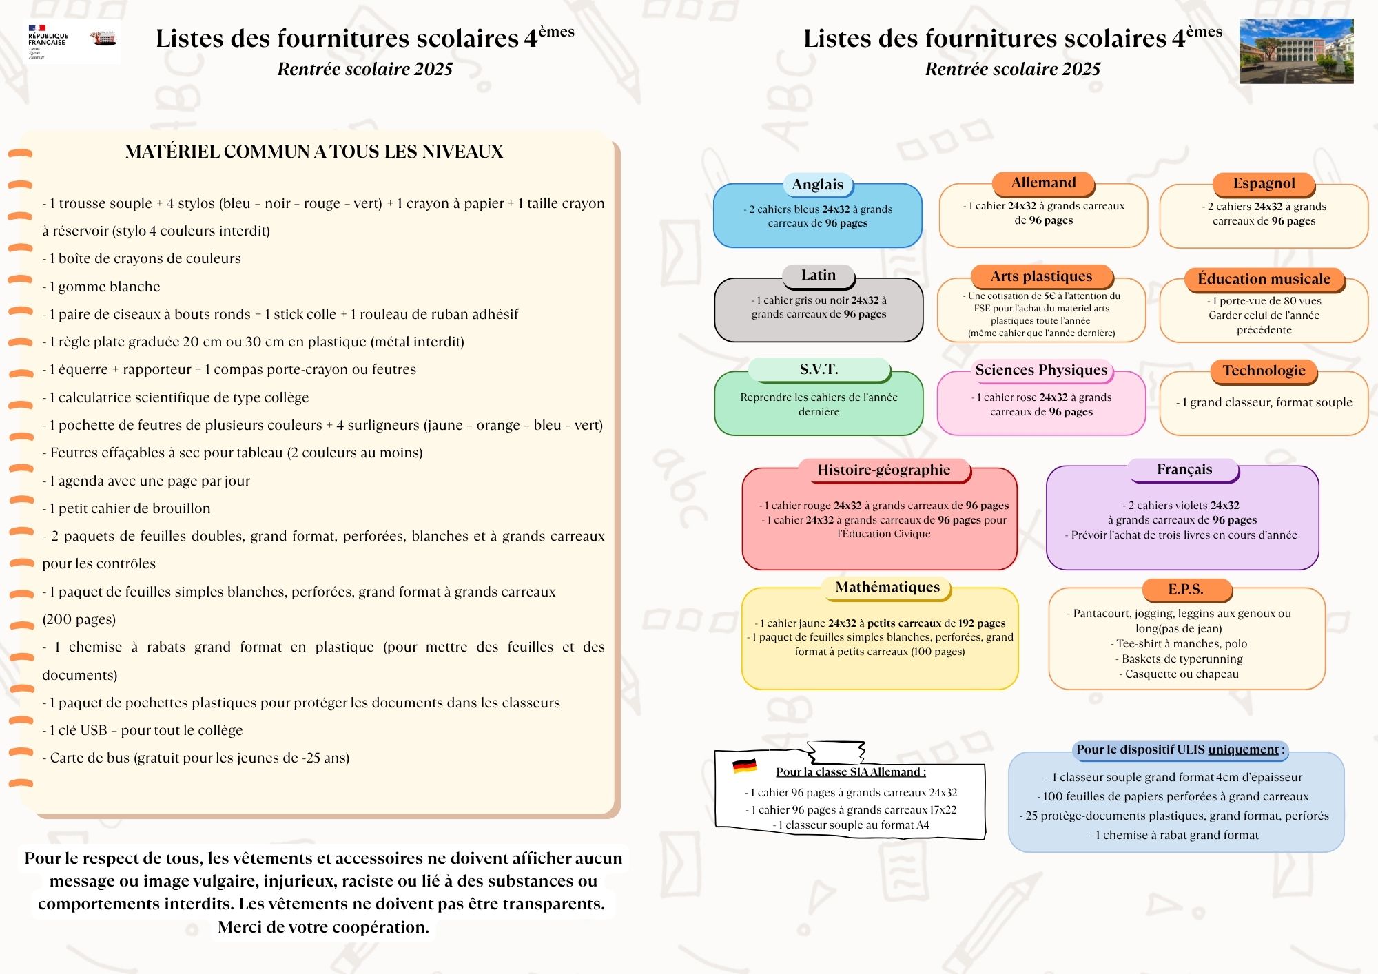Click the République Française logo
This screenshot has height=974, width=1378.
[48, 41]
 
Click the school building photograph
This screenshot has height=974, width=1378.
[1296, 52]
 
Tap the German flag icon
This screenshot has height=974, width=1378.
[744, 765]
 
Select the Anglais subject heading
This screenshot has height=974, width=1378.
[817, 185]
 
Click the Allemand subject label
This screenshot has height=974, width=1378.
[1043, 183]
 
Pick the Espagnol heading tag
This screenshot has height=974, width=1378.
[1264, 184]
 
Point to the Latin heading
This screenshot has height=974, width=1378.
[818, 276]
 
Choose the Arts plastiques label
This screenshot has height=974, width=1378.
[1041, 277]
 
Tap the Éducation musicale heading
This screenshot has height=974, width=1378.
[1264, 279]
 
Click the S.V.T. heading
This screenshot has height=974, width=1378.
[819, 370]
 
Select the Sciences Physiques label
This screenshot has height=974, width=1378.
[1041, 371]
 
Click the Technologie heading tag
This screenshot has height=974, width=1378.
[1264, 371]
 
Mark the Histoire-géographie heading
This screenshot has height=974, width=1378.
[883, 470]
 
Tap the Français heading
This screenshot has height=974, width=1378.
[1184, 470]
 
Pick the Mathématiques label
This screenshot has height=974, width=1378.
[887, 588]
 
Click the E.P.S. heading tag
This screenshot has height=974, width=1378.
[1185, 590]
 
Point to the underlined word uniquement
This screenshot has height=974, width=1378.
[1243, 750]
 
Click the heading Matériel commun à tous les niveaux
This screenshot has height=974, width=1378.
[314, 152]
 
